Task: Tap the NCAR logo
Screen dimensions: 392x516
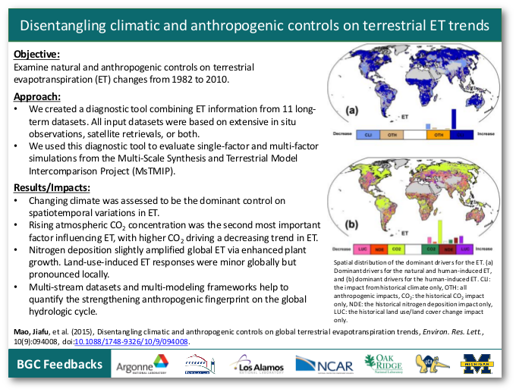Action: click(324, 365)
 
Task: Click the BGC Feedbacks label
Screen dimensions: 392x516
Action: click(60, 365)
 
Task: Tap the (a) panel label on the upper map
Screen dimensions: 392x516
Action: click(351, 111)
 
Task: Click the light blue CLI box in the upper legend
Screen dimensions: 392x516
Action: click(370, 134)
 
